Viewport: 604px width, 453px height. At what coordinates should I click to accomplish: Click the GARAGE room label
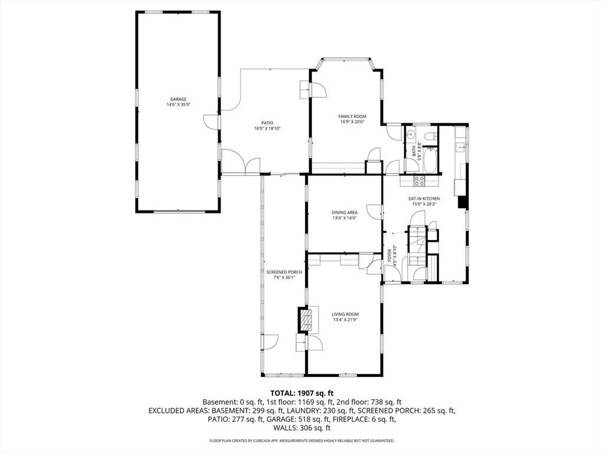tap(178, 99)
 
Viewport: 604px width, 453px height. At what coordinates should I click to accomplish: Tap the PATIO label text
tap(267, 123)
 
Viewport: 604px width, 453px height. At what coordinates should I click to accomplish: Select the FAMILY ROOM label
tap(352, 117)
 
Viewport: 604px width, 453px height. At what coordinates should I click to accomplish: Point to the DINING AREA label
tap(344, 212)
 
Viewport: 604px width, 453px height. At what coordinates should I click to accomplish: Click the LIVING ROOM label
tap(344, 314)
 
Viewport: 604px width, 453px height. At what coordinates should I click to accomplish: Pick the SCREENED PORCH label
tap(284, 273)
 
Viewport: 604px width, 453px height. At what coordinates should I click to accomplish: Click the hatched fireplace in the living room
tap(306, 320)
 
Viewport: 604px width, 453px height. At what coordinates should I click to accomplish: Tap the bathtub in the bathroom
tap(430, 160)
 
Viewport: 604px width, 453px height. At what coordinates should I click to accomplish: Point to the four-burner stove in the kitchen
tap(419, 180)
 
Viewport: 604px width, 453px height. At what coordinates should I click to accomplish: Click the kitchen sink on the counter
tap(460, 148)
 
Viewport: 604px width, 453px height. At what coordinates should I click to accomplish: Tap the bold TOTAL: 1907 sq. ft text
tap(302, 393)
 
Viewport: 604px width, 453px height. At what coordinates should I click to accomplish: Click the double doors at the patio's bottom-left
tap(241, 162)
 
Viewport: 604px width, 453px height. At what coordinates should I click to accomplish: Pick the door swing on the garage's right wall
tap(211, 122)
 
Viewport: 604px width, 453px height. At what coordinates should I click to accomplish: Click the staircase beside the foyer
tap(418, 245)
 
